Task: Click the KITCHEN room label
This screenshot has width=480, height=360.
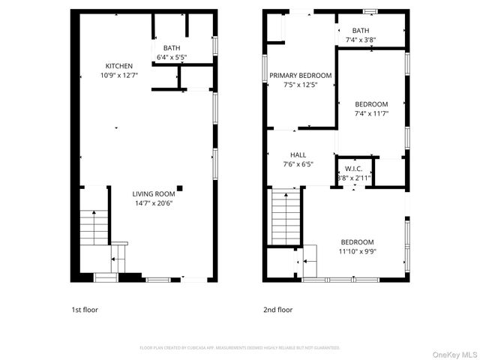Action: tap(118, 66)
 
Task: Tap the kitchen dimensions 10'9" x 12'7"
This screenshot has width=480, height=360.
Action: tap(118, 75)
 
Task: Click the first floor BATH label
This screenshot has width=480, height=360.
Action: tap(171, 48)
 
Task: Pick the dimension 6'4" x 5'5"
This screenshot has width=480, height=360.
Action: tap(171, 57)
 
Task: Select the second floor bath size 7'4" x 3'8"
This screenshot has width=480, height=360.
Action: tap(361, 39)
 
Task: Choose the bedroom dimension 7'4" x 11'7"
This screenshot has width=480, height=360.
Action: tap(371, 113)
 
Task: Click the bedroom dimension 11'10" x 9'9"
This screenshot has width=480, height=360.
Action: tap(357, 252)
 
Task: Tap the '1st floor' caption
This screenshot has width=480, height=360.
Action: tap(85, 310)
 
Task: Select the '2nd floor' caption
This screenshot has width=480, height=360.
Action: tap(277, 310)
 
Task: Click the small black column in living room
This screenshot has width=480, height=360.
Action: tap(179, 187)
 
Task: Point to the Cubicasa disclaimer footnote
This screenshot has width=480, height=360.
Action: tap(240, 348)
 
